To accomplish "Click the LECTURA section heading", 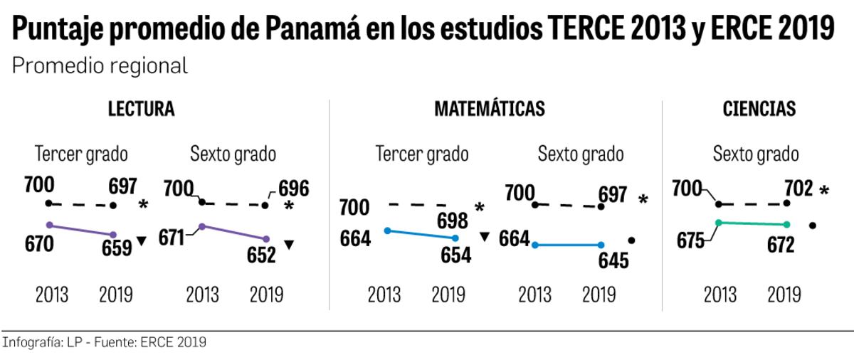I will [141, 110].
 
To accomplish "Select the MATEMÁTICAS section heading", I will [490, 110].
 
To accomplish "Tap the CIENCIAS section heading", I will [759, 110].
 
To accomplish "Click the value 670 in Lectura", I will [39, 244].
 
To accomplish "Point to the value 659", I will [115, 248].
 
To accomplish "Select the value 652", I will [260, 254].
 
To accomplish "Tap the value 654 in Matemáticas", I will [456, 255].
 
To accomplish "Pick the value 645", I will [613, 260].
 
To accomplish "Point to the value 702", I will [798, 189].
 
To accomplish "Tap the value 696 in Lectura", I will [293, 189].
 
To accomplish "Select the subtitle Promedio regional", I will [100, 66].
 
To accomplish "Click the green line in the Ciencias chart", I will [752, 223].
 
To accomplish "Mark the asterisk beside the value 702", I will [824, 191].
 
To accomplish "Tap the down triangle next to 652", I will [289, 245].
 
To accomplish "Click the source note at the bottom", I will [105, 342].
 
